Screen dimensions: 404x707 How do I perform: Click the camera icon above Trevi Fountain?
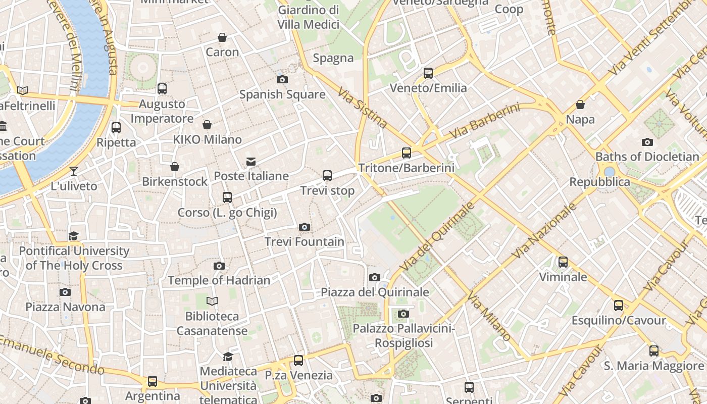[x=304, y=227]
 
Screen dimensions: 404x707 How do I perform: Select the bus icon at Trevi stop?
[x=327, y=176]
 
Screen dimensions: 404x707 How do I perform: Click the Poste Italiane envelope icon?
[x=251, y=162]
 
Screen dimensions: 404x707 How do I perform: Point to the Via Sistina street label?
[x=363, y=108]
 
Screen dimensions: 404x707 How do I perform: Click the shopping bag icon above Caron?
[x=222, y=37]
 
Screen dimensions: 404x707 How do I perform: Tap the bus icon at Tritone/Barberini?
[x=407, y=153]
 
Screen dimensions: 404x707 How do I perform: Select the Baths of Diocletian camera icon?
[x=647, y=142]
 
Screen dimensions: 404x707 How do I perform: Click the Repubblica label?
[x=599, y=182]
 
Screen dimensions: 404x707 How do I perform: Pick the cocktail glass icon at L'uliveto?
[x=74, y=171]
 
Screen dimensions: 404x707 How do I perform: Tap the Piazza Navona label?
[x=66, y=307]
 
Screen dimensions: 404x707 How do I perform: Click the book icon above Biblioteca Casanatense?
[x=212, y=301]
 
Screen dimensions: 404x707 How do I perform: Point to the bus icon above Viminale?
[x=563, y=262]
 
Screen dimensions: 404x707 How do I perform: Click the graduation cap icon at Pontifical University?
[x=74, y=236]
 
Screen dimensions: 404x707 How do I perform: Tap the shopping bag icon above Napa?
[x=580, y=105]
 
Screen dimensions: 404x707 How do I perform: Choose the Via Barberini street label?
[x=484, y=122]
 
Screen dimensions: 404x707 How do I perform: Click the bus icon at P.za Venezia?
[x=298, y=361]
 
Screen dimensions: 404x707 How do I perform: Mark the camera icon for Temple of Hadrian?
[x=219, y=266]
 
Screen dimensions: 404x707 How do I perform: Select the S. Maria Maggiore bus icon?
[x=654, y=350]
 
